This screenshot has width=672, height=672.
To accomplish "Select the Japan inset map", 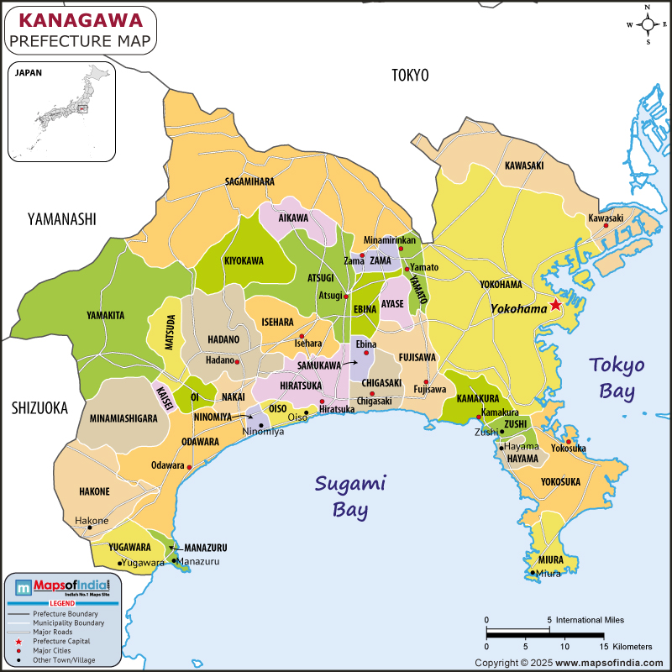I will [x=60, y=110].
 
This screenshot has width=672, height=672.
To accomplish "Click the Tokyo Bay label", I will [x=617, y=377].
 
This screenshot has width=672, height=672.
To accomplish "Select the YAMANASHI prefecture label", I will [x=61, y=219].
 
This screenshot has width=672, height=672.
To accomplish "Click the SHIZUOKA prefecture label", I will [x=39, y=407].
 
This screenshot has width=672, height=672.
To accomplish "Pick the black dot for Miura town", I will [x=533, y=573].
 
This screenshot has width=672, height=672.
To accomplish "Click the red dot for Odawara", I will [x=190, y=466].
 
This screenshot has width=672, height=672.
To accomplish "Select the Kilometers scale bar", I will [x=544, y=636].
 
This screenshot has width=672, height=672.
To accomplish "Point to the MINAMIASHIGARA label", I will [x=123, y=417].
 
